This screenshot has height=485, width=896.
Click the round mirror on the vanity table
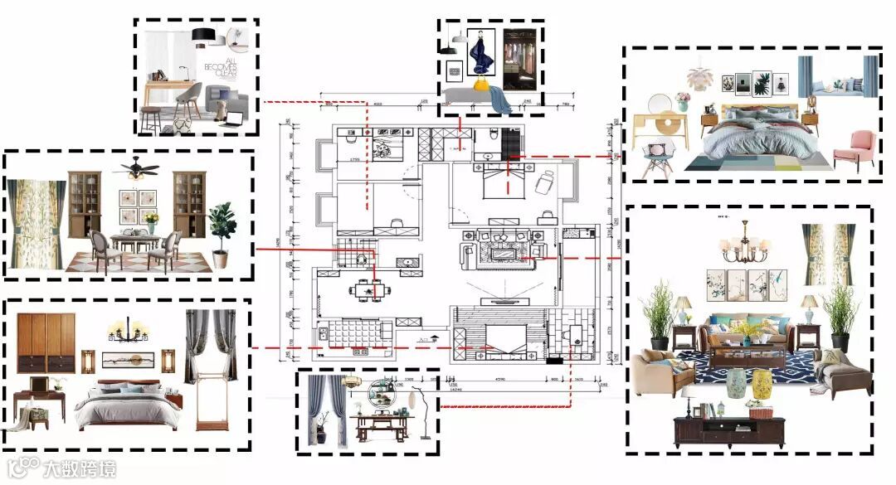[660, 103]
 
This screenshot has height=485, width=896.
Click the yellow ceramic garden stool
[762, 384]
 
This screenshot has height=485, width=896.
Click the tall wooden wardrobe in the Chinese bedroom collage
[46, 342]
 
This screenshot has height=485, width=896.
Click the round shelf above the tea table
[382, 392]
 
